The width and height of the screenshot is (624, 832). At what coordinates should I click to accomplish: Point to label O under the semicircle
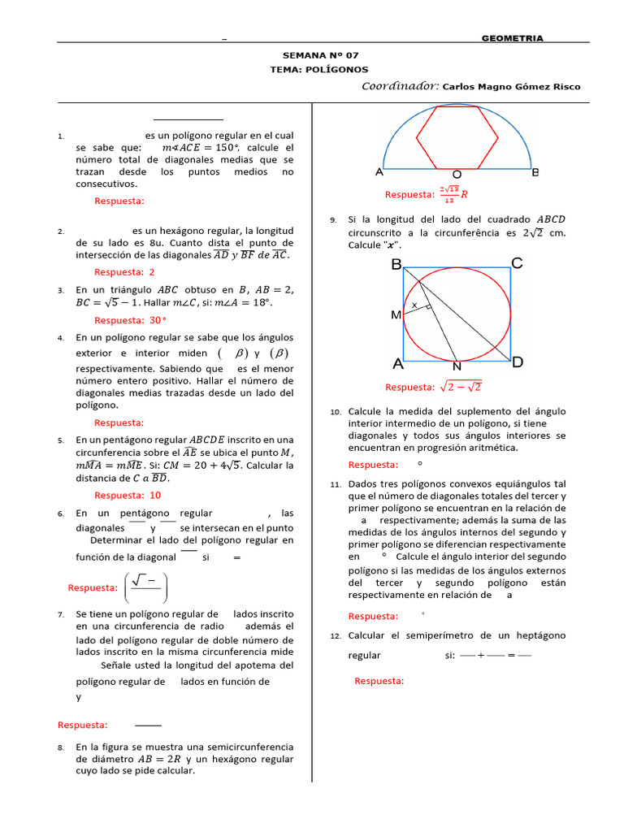tap(457, 175)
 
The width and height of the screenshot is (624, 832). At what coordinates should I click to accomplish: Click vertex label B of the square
tap(396, 264)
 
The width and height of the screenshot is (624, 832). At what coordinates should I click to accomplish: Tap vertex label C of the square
tap(517, 263)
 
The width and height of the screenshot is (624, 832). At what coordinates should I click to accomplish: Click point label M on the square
tap(396, 314)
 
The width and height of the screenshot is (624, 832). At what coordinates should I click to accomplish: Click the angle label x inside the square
tap(414, 305)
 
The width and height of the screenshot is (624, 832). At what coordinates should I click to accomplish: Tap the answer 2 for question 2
tap(152, 272)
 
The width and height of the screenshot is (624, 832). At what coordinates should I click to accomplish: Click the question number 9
tap(333, 220)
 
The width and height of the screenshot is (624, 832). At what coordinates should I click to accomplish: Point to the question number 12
tap(335, 636)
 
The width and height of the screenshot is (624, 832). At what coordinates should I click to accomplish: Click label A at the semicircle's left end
tap(379, 172)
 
